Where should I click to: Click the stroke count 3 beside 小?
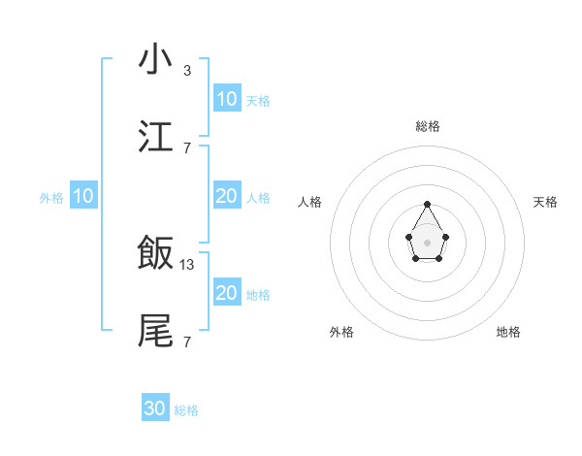187,71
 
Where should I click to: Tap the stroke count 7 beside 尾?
187,342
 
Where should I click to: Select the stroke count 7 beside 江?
187,148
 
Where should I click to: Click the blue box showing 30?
155,408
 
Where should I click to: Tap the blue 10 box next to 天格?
226,98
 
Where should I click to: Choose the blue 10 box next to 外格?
82,196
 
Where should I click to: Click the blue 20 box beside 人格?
226,196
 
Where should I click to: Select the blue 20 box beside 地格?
226,293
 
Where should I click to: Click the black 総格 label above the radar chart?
428,126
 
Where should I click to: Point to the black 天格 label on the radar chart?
546,202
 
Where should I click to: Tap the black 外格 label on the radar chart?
341,332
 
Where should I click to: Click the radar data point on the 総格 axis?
428,204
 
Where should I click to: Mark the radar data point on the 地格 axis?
438,259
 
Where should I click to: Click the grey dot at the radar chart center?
428,242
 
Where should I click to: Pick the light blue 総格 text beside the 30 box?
186,410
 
